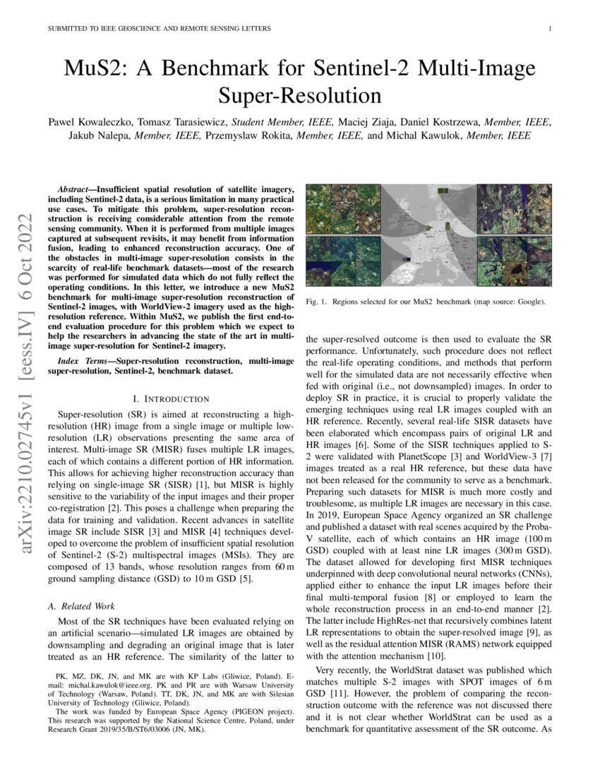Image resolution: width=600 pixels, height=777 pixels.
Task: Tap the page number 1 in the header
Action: [x=550, y=29]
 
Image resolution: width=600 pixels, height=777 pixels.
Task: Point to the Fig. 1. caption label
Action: [x=317, y=302]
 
